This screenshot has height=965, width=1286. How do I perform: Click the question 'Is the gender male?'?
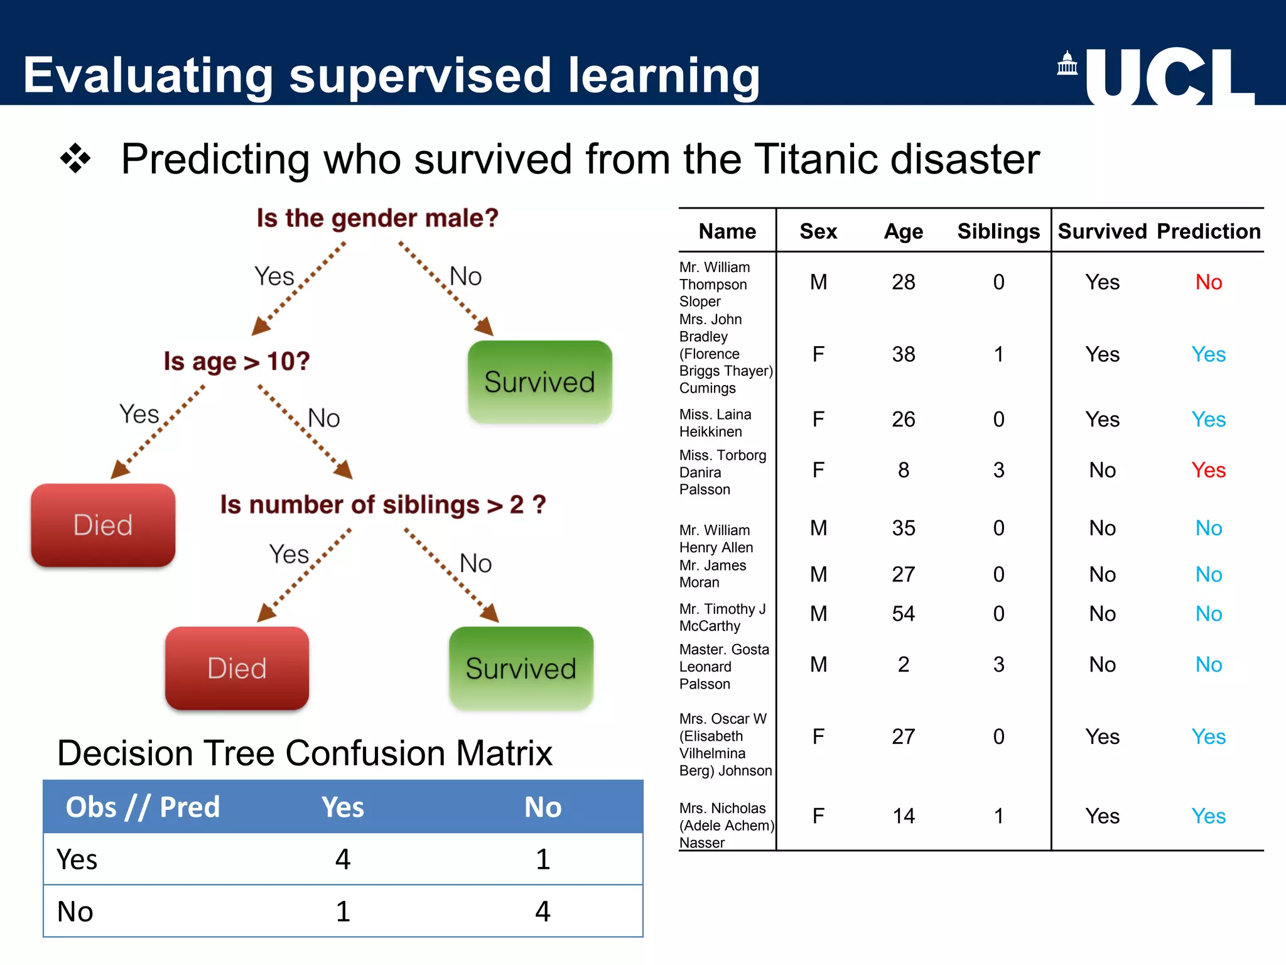click(x=377, y=218)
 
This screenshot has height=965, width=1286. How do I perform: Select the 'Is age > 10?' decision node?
click(x=237, y=361)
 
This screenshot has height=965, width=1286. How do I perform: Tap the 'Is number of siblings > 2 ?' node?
click(x=382, y=504)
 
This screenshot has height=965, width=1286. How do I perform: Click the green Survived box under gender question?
click(x=539, y=382)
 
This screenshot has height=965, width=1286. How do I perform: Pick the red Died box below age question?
click(x=103, y=525)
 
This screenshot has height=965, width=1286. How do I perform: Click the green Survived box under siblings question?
click(x=521, y=668)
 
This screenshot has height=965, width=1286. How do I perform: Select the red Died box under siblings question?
click(x=237, y=668)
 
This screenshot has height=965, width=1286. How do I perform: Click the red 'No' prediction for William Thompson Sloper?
click(x=1208, y=282)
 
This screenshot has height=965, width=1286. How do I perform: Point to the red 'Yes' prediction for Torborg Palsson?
click(x=1208, y=470)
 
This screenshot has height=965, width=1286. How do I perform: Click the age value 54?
click(x=903, y=613)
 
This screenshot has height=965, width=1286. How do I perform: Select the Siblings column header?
click(x=998, y=231)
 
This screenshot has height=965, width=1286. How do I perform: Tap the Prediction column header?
click(x=1208, y=231)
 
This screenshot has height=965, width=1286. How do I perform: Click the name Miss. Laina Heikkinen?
click(x=715, y=423)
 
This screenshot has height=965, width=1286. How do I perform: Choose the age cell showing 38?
click(x=903, y=354)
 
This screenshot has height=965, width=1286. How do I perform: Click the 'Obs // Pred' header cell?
click(x=143, y=807)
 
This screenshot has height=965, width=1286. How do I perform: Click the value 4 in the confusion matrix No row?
click(x=543, y=912)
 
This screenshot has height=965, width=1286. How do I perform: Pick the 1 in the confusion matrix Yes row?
click(x=543, y=859)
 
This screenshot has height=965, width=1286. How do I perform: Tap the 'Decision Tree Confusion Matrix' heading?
click(x=305, y=753)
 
